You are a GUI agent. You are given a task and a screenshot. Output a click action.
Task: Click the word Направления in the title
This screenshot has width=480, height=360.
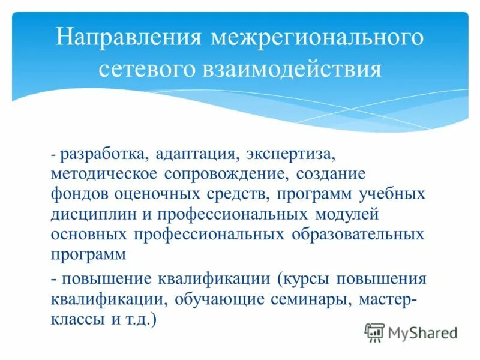click(127, 38)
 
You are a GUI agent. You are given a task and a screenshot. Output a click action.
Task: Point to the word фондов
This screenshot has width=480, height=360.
click(79, 194)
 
